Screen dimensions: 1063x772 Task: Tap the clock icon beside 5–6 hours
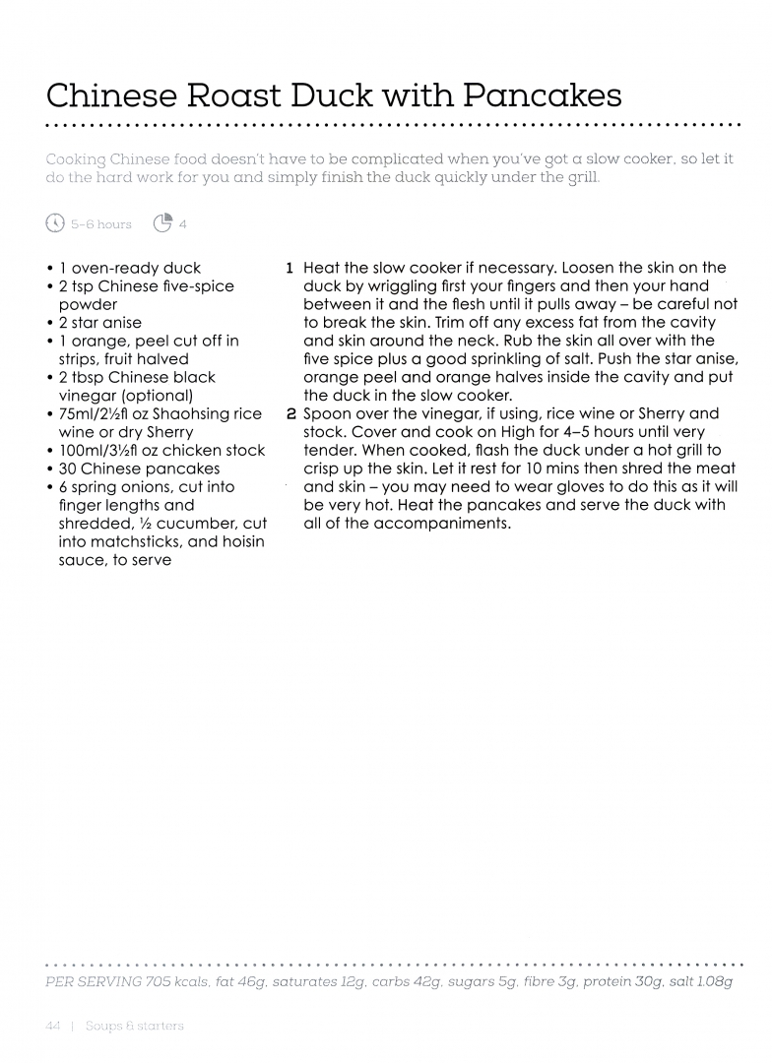coord(55,223)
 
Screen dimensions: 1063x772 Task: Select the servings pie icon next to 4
coord(163,223)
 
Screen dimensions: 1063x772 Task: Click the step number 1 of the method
coord(289,268)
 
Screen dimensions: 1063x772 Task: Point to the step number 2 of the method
coord(289,413)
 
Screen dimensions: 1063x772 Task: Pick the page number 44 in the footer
coord(54,1026)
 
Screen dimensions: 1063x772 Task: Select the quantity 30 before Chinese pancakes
coord(68,469)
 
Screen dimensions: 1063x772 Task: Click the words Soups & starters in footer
coord(135,1026)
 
